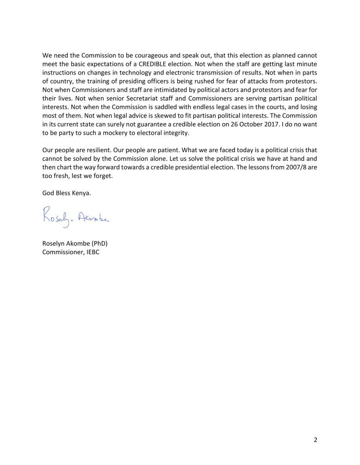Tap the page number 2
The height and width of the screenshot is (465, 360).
click(x=315, y=440)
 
